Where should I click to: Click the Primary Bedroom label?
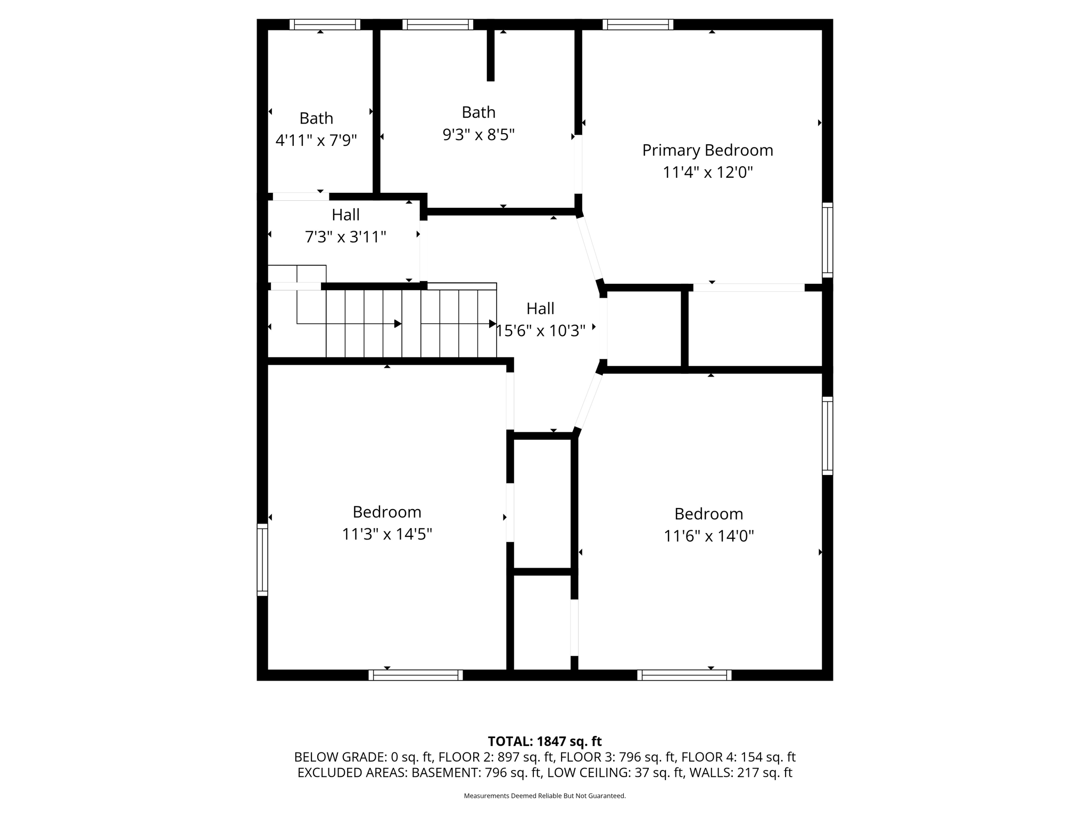[707, 150]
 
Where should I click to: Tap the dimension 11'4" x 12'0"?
[707, 173]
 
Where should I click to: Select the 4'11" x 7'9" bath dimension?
[316, 141]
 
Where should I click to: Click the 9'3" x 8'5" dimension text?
[478, 135]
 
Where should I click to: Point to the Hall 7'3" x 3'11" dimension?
[345, 237]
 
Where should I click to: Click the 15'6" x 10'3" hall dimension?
[541, 331]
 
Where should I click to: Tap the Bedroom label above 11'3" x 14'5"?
[387, 512]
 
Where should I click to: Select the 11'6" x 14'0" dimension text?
[708, 536]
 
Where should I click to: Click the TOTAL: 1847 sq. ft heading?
[544, 741]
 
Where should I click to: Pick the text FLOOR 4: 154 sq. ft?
[738, 757]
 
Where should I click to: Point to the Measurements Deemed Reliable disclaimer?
[544, 796]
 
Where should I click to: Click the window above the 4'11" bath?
[325, 24]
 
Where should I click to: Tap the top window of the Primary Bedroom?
[638, 24]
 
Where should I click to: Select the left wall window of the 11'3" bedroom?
[262, 559]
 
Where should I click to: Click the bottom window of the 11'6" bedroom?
[684, 675]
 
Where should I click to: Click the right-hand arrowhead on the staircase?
[492, 324]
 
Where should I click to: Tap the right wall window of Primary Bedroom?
[827, 240]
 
